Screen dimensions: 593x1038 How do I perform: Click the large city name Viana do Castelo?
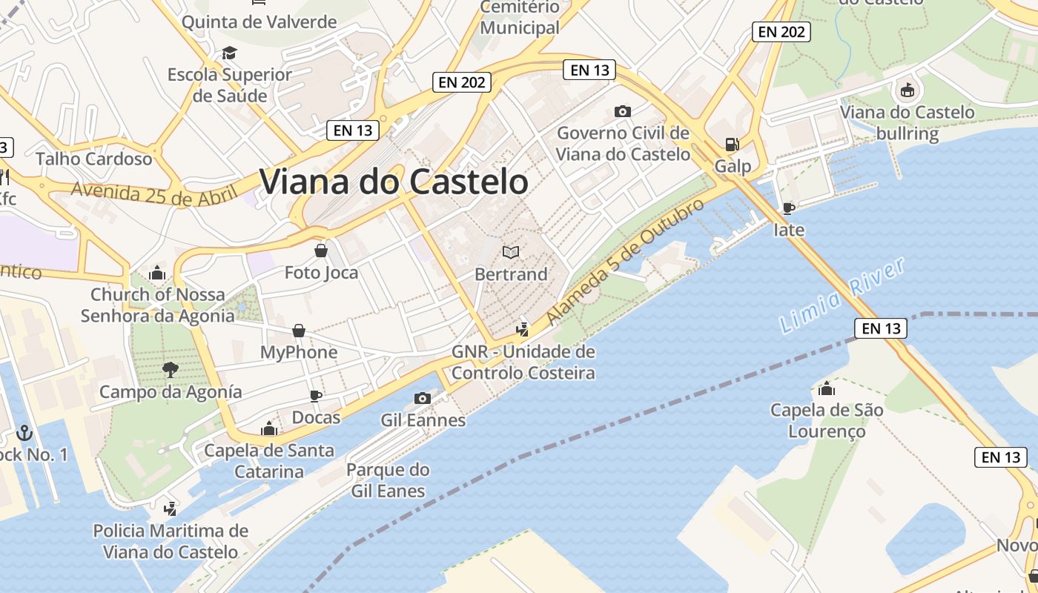pyautogui.click(x=394, y=182)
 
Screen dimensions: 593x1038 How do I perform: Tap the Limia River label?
pyautogui.click(x=843, y=294)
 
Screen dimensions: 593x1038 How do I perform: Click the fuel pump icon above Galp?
pyautogui.click(x=733, y=144)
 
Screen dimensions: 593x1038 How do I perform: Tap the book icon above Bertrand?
pyautogui.click(x=511, y=252)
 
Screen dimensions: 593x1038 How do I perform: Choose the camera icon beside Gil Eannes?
pyautogui.click(x=423, y=398)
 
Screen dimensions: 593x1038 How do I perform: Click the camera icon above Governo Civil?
pyautogui.click(x=623, y=111)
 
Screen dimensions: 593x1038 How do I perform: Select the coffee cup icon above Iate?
pyautogui.click(x=788, y=208)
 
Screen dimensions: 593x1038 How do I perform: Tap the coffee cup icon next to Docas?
pyautogui.click(x=316, y=395)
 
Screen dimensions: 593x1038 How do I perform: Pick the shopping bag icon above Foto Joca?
pyautogui.click(x=321, y=250)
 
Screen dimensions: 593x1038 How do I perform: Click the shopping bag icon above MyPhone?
pyautogui.click(x=298, y=330)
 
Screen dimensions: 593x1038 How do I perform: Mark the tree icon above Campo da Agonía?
pyautogui.click(x=171, y=369)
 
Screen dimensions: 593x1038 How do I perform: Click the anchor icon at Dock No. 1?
pyautogui.click(x=24, y=431)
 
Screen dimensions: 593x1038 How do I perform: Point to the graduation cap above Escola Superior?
pyautogui.click(x=229, y=53)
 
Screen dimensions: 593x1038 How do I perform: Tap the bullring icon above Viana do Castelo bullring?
pyautogui.click(x=906, y=90)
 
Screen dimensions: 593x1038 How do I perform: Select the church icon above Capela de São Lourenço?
pyautogui.click(x=827, y=388)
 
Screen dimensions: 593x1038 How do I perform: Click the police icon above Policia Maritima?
pyautogui.click(x=171, y=508)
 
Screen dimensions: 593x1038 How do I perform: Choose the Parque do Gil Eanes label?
pyautogui.click(x=388, y=480)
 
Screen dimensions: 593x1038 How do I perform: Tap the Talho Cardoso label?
pyautogui.click(x=94, y=159)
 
